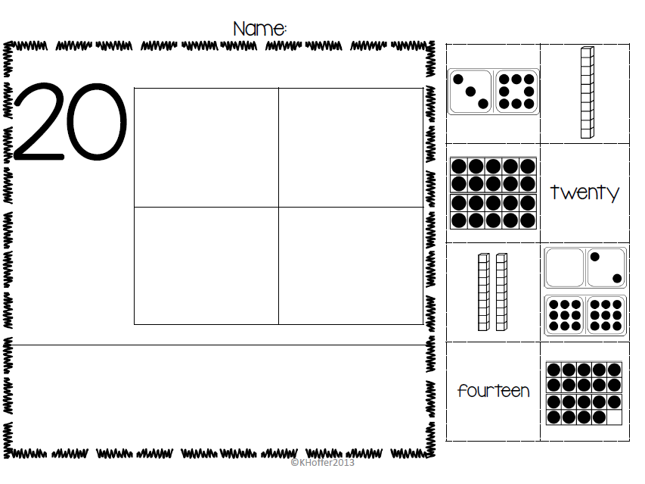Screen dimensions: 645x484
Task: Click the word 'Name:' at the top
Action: pyautogui.click(x=259, y=29)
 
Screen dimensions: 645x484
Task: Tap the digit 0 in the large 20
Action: pyautogui.click(x=95, y=121)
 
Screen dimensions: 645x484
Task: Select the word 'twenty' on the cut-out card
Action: pyautogui.click(x=585, y=192)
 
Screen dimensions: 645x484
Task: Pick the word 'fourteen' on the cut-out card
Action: pyautogui.click(x=493, y=391)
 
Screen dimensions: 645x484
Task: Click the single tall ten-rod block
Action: pyautogui.click(x=587, y=92)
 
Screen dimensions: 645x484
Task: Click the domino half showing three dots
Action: pyautogui.click(x=470, y=92)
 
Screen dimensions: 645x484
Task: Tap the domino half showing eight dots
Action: pyautogui.click(x=516, y=92)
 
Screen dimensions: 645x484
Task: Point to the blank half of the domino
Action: pyautogui.click(x=564, y=267)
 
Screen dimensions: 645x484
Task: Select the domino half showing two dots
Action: pyautogui.click(x=606, y=267)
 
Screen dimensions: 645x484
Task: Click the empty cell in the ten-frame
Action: pyautogui.click(x=614, y=417)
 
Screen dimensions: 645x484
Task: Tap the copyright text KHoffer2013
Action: pyautogui.click(x=322, y=463)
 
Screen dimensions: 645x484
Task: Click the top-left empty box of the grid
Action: pyautogui.click(x=206, y=148)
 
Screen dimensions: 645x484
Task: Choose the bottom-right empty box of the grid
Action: pyautogui.click(x=351, y=266)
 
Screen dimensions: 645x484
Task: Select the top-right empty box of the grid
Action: pyautogui.click(x=351, y=148)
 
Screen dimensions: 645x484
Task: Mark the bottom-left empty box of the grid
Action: pyautogui.click(x=206, y=266)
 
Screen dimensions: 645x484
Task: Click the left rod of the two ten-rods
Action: pyautogui.click(x=484, y=292)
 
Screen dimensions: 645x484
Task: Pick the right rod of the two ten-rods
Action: pyautogui.click(x=501, y=292)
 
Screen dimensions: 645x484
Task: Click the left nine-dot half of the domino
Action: pyautogui.click(x=564, y=315)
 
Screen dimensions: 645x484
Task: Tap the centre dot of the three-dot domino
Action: pyautogui.click(x=470, y=92)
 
